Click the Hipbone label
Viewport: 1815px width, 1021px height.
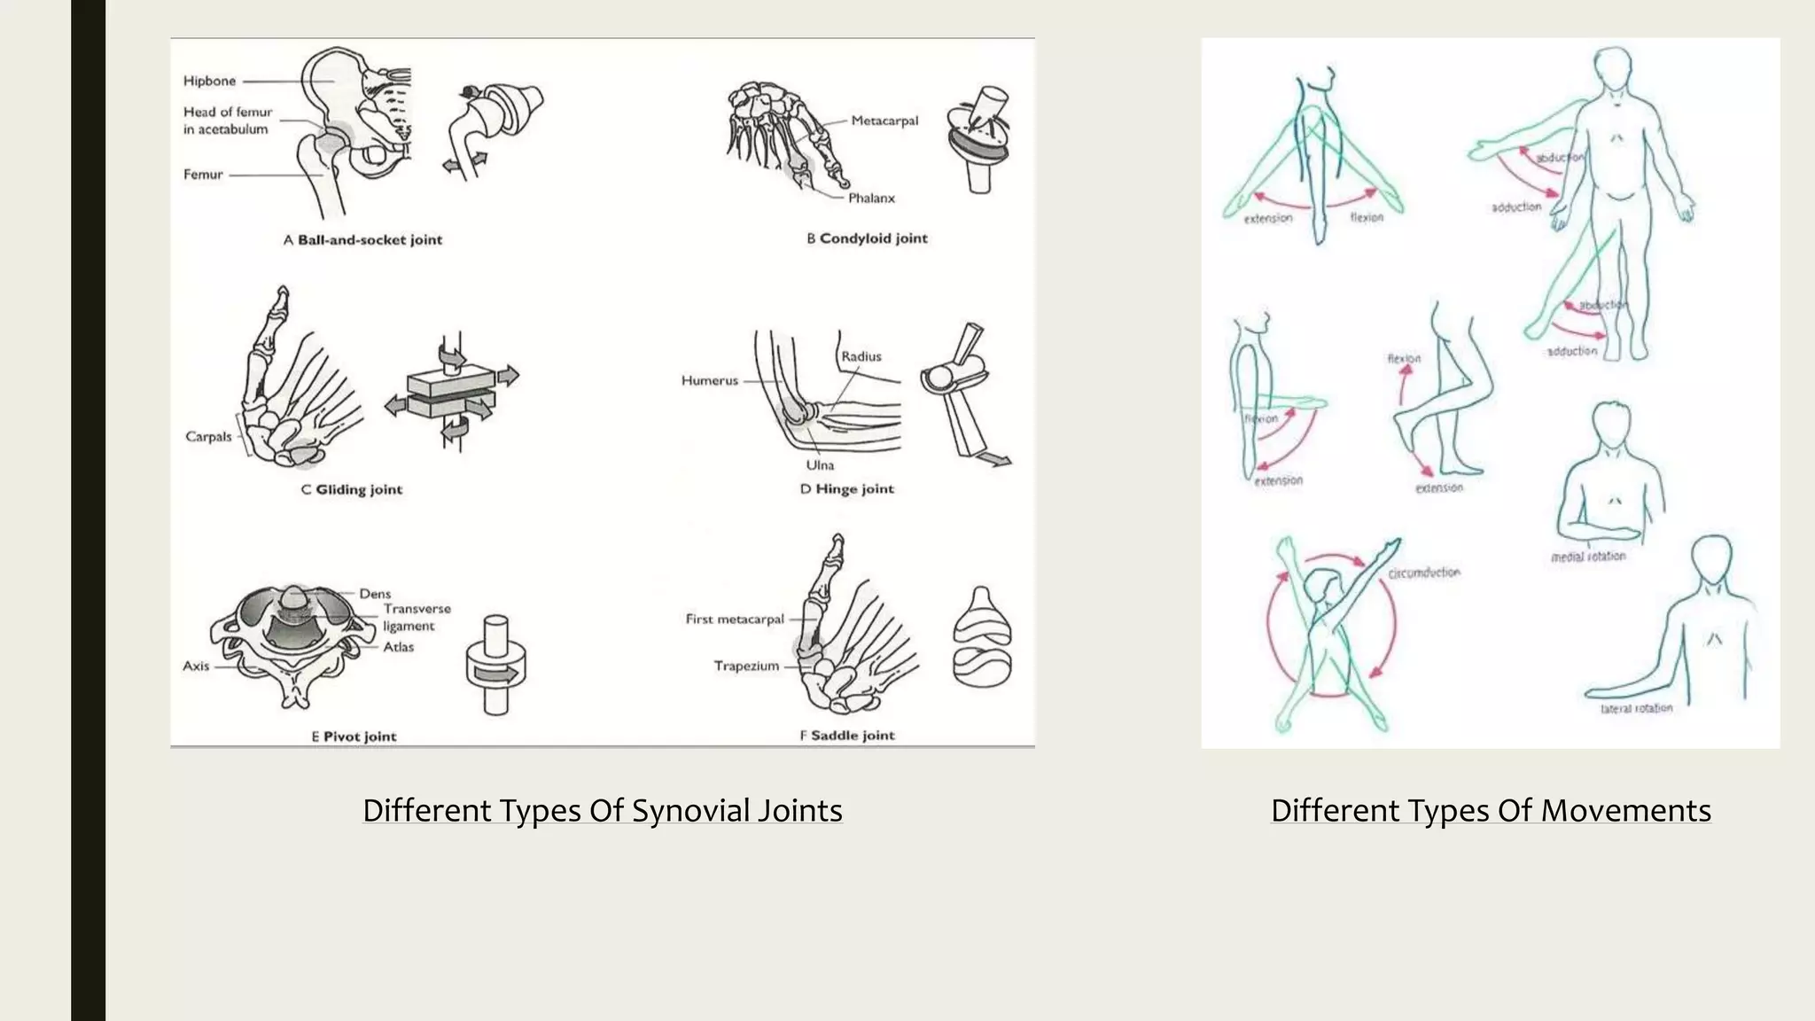(209, 81)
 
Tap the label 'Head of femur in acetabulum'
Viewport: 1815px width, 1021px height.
(227, 121)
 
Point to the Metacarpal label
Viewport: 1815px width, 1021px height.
(884, 121)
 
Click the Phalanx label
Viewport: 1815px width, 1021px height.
(871, 198)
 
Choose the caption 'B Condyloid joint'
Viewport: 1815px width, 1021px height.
(867, 238)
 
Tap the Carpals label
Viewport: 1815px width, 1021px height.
(208, 436)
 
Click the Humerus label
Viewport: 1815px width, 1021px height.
(709, 380)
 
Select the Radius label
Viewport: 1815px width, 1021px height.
(861, 356)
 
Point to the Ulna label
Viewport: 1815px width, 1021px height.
(819, 464)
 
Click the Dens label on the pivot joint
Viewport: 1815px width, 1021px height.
(375, 593)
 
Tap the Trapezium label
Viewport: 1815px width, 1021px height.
(746, 666)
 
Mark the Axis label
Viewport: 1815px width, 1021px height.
(196, 666)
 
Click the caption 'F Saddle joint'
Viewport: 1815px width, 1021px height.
(847, 735)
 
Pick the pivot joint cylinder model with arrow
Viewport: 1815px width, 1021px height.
(496, 666)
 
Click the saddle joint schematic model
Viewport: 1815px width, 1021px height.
(981, 637)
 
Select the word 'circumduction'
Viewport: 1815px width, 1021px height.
(1423, 573)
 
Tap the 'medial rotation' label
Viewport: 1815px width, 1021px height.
(1588, 557)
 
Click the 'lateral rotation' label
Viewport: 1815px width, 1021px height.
(1636, 708)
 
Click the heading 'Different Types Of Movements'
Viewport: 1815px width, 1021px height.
(1491, 810)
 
